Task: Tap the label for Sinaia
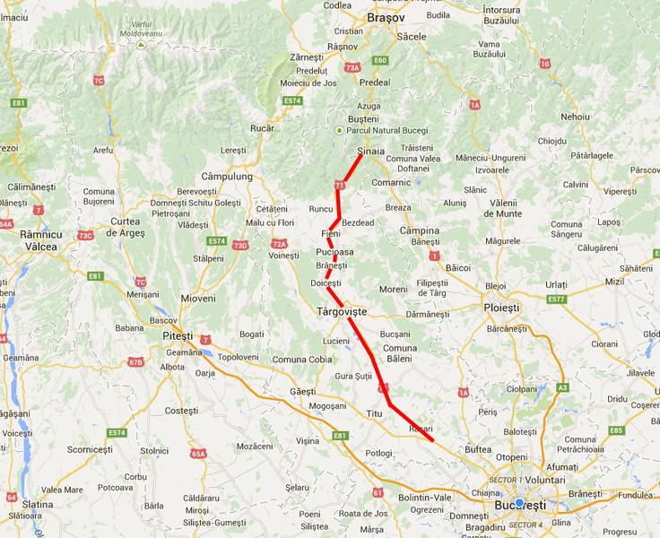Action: click(x=370, y=152)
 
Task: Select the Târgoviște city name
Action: click(x=342, y=311)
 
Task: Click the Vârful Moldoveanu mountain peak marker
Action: click(x=143, y=39)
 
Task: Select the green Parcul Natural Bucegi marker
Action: click(x=338, y=130)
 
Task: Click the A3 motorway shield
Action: click(x=562, y=387)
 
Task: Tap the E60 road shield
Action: click(x=380, y=60)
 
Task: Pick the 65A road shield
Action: click(x=198, y=454)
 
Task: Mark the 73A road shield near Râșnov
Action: click(x=352, y=67)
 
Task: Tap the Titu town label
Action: click(x=374, y=412)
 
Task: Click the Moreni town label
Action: click(x=393, y=289)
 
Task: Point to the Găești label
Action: click(x=303, y=392)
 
